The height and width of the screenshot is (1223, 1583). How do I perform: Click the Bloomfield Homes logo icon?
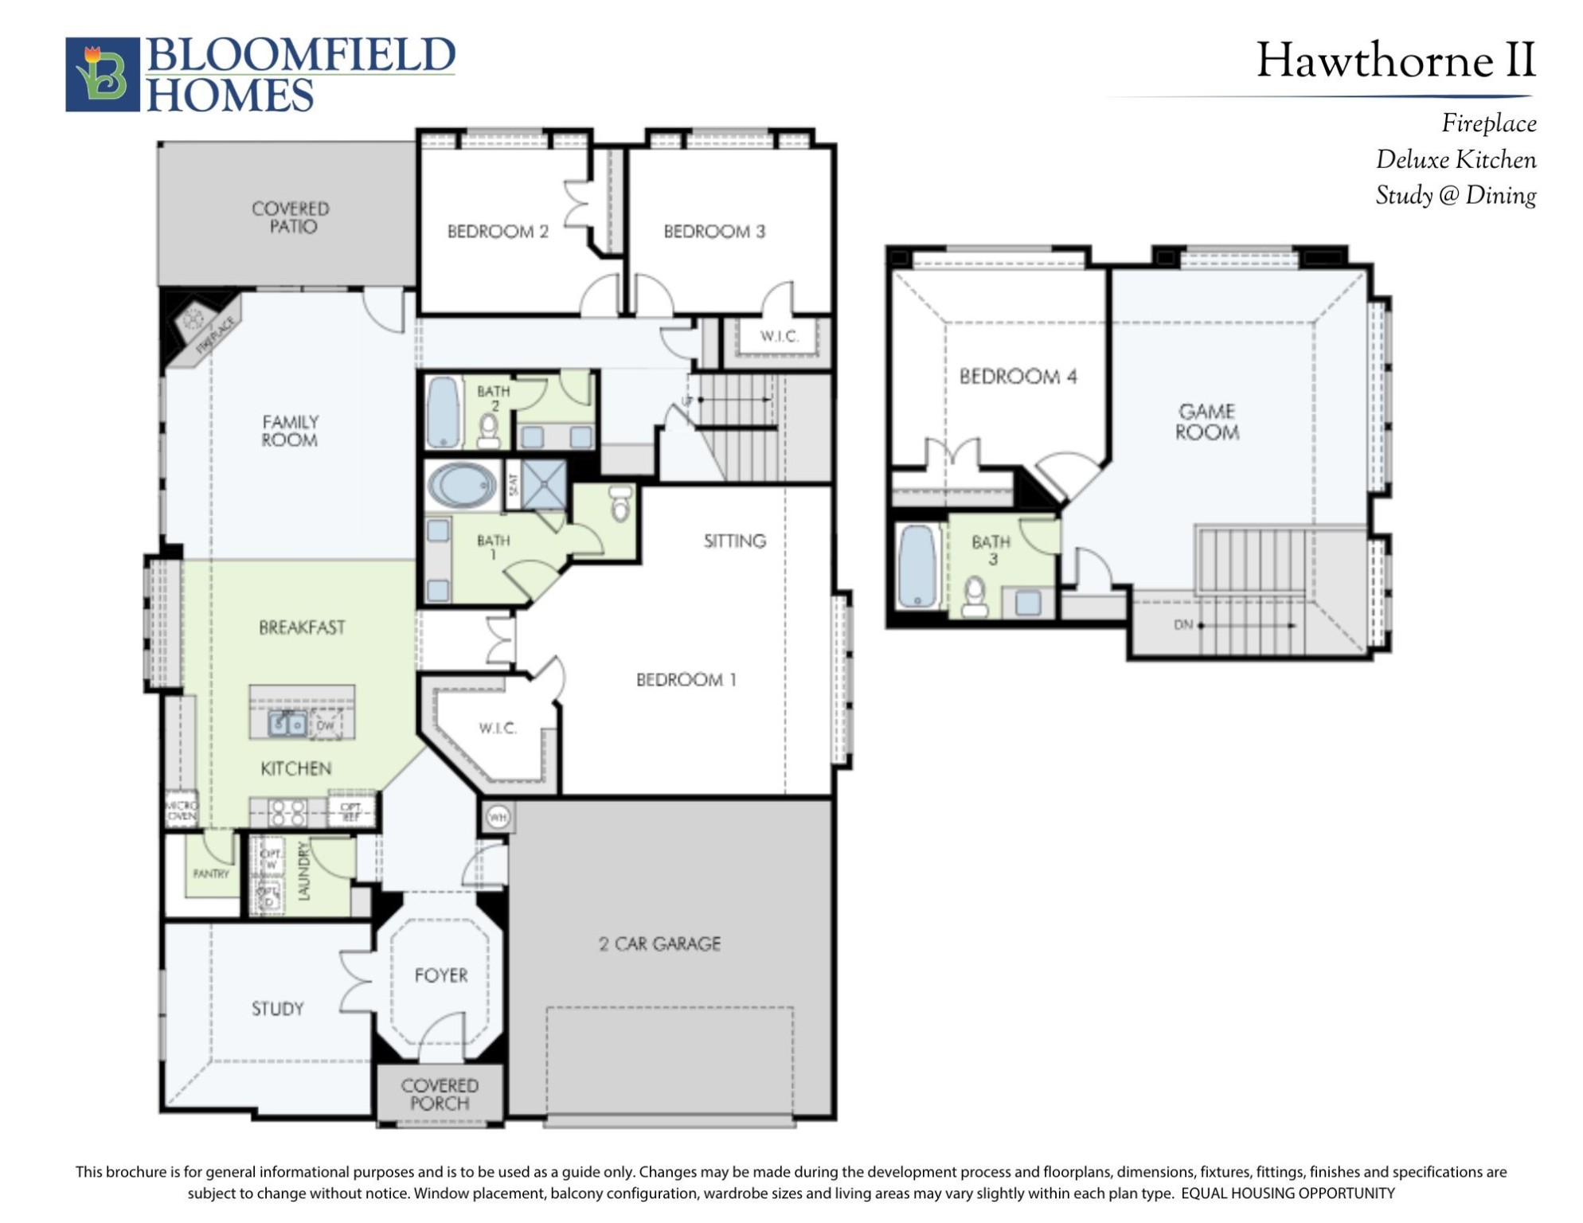[x=102, y=74]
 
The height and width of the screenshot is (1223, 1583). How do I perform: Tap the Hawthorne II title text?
[x=1395, y=61]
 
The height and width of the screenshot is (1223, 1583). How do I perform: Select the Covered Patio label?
[x=291, y=217]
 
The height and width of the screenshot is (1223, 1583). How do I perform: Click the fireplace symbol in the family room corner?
[x=193, y=321]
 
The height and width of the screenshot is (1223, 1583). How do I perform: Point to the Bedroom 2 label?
[x=498, y=232]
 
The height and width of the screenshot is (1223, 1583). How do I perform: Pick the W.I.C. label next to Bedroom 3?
[x=778, y=336]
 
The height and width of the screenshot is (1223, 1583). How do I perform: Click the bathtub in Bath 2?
[x=444, y=412]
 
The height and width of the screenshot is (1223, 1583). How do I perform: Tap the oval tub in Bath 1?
[x=461, y=485]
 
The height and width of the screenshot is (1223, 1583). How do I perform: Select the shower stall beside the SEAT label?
[x=545, y=483]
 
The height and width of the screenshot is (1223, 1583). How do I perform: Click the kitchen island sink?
[x=287, y=724]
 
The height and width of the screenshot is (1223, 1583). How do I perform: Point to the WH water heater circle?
[x=498, y=818]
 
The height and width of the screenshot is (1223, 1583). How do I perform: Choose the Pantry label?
[x=211, y=873]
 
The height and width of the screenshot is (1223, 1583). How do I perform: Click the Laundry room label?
[x=303, y=871]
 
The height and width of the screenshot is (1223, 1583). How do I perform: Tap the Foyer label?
[x=440, y=975]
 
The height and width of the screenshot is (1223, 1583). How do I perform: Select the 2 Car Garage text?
[x=659, y=944]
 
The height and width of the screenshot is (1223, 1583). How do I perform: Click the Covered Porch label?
[x=440, y=1094]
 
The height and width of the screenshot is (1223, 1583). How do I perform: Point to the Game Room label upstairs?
[x=1207, y=422]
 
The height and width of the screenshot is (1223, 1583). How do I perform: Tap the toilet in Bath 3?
[x=975, y=596]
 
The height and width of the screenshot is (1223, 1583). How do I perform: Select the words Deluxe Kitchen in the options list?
[x=1456, y=160]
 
